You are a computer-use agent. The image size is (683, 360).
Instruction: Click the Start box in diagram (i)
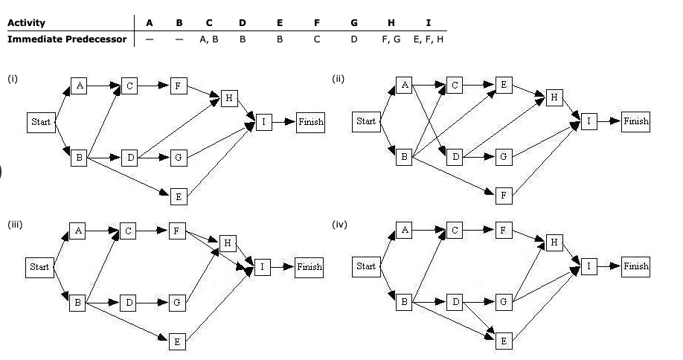(x=40, y=122)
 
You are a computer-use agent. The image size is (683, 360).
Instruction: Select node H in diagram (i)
(x=229, y=98)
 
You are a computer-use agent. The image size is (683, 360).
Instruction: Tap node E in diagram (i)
(x=179, y=196)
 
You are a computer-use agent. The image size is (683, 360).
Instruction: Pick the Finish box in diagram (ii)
(x=635, y=121)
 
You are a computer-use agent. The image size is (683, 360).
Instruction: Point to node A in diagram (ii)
(x=404, y=86)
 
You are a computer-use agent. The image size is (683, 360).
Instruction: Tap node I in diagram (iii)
(x=263, y=267)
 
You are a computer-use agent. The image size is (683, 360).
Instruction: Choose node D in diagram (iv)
(x=455, y=302)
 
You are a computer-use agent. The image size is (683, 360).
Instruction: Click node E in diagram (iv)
(x=504, y=341)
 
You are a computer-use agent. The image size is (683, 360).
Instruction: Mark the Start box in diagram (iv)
(x=366, y=266)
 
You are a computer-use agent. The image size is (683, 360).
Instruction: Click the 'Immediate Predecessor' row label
(x=66, y=38)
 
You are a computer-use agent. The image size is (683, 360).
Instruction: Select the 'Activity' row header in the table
(x=26, y=22)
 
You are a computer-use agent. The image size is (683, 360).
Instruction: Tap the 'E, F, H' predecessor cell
(x=428, y=39)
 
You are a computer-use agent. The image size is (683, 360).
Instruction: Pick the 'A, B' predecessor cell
(x=208, y=39)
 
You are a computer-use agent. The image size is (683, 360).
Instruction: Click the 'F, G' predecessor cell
(x=391, y=39)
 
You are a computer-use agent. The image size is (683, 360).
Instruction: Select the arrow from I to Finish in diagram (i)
(x=283, y=122)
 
